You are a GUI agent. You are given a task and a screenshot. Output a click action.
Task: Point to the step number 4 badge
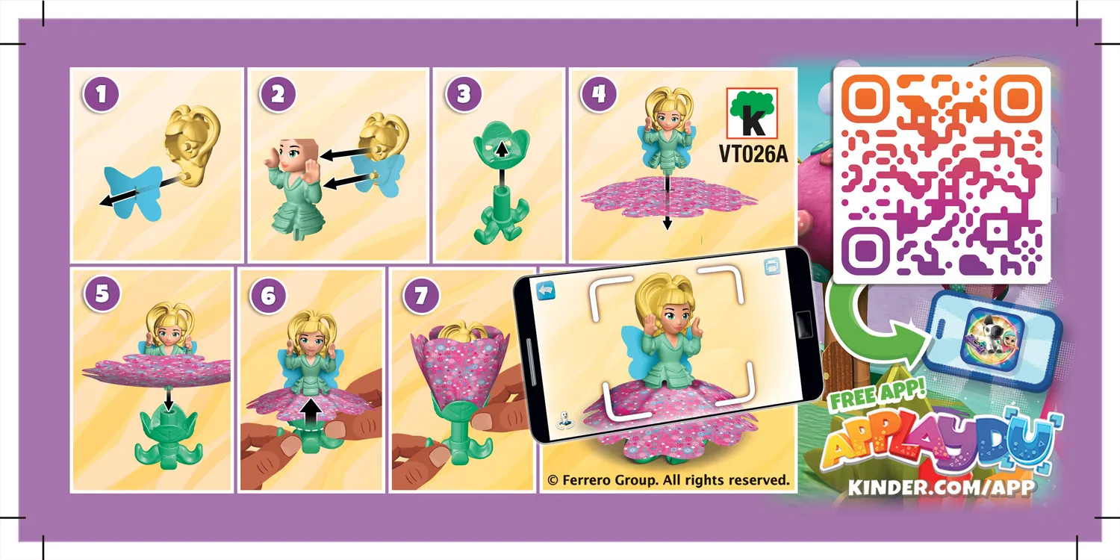click(x=602, y=95)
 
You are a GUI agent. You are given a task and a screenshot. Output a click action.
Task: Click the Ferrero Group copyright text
click(x=668, y=480)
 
